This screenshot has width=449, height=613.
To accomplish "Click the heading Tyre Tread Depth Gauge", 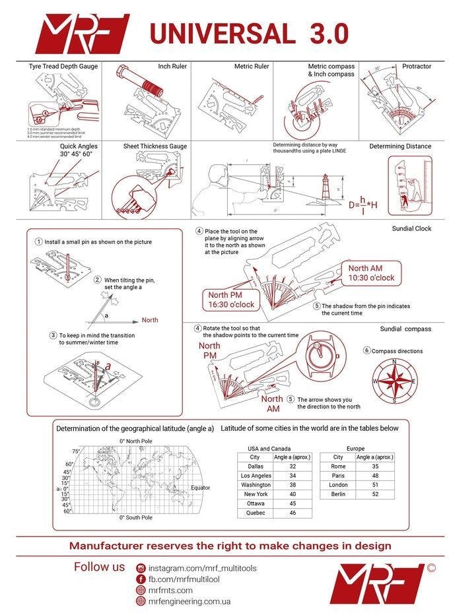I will point(63,67).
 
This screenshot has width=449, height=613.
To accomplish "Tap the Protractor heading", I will point(417,67).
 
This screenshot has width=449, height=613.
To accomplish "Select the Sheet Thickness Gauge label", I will point(155,146).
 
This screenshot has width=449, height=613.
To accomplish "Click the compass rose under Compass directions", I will point(394,382).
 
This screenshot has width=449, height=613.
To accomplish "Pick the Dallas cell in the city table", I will point(255,466).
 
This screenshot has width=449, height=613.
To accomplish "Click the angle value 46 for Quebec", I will point(293,513).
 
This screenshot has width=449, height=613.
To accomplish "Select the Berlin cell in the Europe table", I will point(338,494).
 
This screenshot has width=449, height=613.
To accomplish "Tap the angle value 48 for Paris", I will point(375,475).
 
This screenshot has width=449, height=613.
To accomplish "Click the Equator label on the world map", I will point(200,488).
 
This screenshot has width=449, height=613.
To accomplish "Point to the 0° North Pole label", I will point(136,441).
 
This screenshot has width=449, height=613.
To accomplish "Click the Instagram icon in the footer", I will point(141,568).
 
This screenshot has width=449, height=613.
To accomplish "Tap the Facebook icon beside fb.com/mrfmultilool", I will point(141,579).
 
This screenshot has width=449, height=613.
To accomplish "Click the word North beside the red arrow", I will point(150,320).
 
